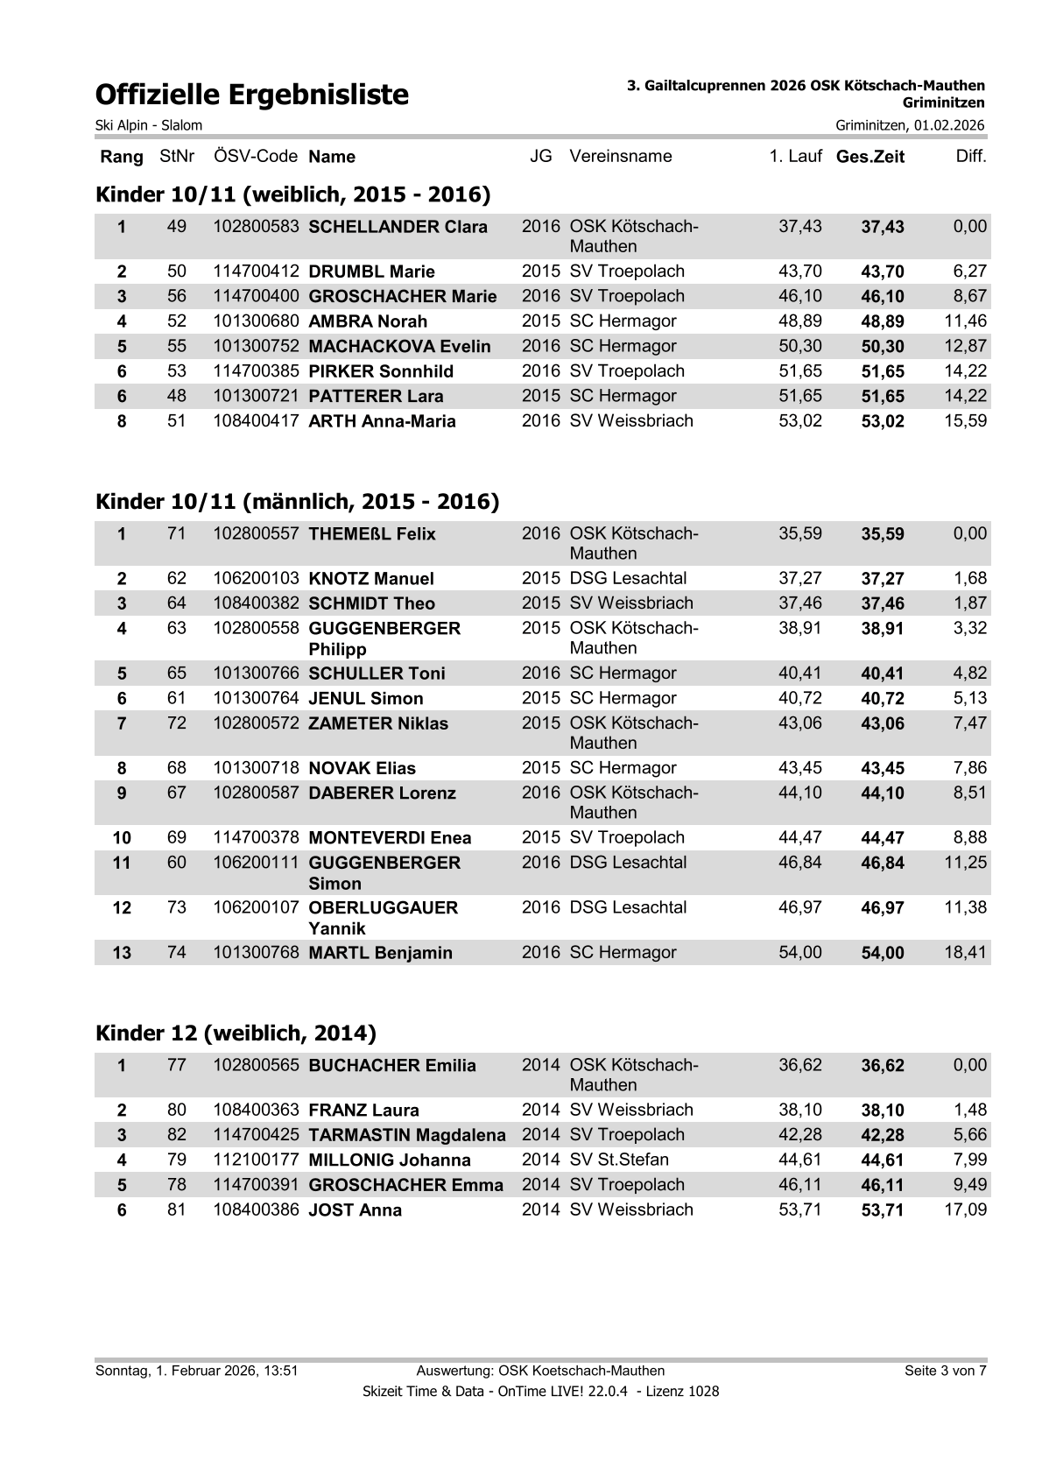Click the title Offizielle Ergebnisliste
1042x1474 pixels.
tap(252, 95)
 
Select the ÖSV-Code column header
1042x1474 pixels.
tap(256, 157)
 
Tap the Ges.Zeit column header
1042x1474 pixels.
tap(870, 158)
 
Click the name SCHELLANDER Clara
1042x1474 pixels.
tap(398, 228)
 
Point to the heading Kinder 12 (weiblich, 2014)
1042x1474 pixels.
tap(236, 1033)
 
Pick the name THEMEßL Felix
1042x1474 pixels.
tap(372, 535)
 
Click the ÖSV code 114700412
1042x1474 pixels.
tap(256, 272)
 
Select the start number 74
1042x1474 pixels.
tap(177, 953)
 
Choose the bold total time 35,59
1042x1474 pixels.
tap(883, 535)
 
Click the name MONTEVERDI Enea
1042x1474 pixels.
tap(390, 838)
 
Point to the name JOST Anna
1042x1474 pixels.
tap(356, 1210)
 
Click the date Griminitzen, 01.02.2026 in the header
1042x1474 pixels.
tap(910, 125)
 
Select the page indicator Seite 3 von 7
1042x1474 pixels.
tap(945, 1371)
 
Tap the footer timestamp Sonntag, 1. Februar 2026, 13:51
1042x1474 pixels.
tap(197, 1371)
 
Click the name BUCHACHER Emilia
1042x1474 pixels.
tap(392, 1066)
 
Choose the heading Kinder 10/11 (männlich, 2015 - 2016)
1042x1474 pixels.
tap(297, 502)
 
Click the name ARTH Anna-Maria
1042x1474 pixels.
tap(382, 422)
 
